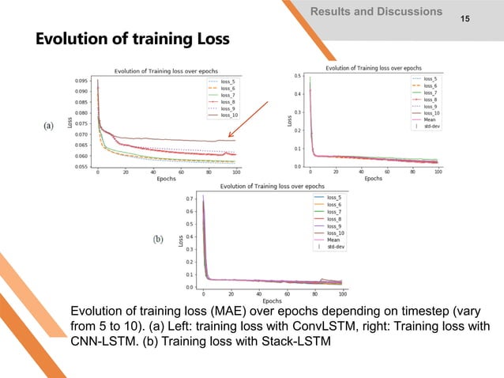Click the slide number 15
475,16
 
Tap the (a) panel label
49,127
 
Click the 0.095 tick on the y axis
81,81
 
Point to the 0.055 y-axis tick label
81,167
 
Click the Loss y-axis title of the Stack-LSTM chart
181,241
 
